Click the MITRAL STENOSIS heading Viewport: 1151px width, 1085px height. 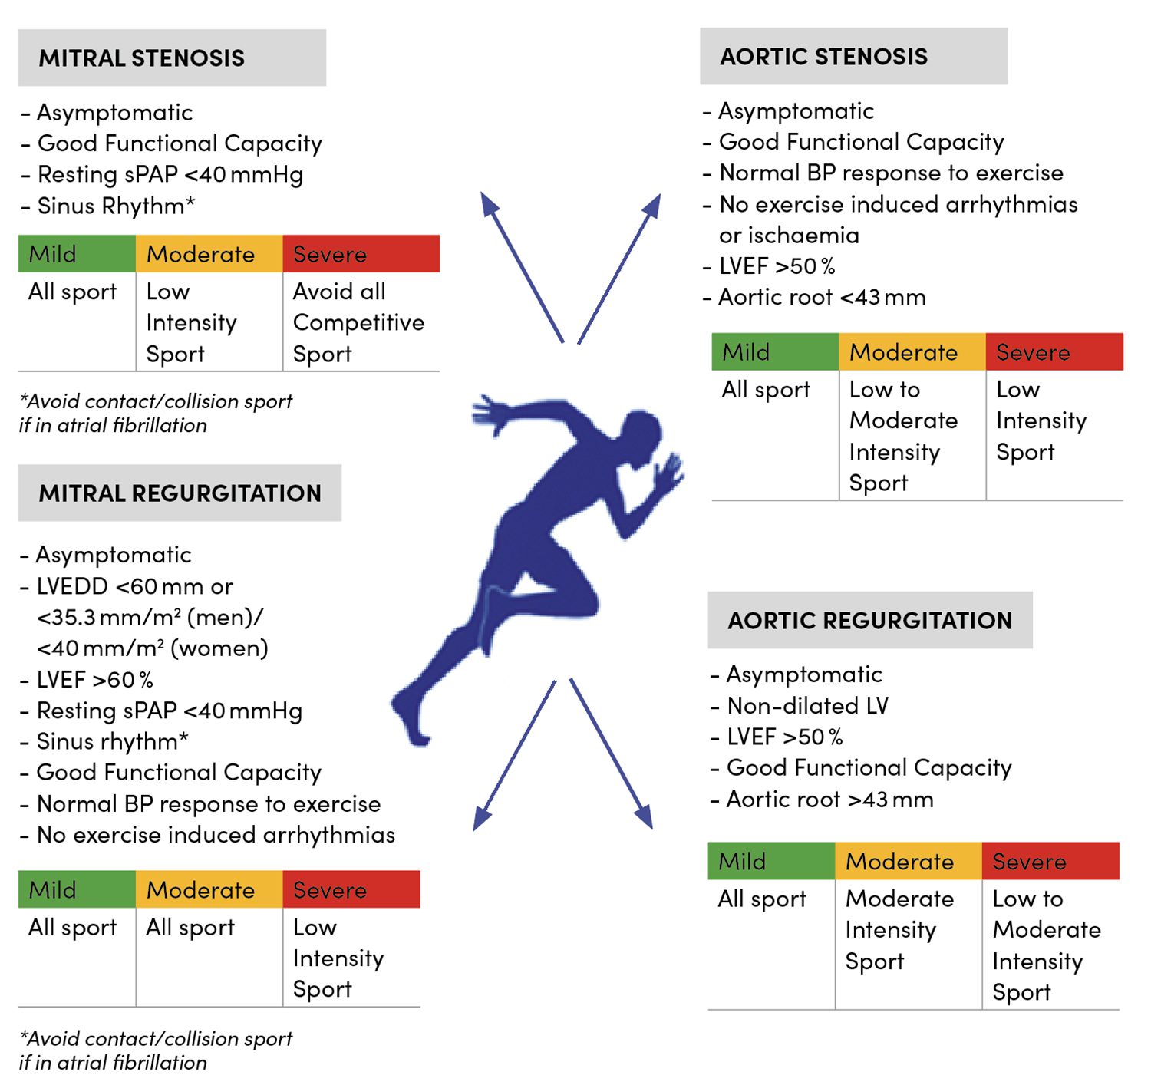tap(142, 58)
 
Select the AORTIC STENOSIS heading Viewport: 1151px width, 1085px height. tap(823, 57)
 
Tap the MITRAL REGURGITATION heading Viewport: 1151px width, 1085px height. tap(180, 493)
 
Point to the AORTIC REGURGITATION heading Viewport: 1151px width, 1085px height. tap(869, 621)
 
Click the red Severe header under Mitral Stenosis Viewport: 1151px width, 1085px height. tap(361, 254)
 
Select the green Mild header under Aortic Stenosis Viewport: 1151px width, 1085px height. tap(774, 352)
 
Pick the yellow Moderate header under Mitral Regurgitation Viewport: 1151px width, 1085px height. tap(209, 890)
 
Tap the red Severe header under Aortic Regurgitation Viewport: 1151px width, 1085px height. tap(1050, 862)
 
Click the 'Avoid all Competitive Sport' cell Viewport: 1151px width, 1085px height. tap(358, 323)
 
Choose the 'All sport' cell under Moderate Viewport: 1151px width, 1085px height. tap(190, 928)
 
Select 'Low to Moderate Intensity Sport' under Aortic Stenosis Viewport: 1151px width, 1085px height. tap(903, 436)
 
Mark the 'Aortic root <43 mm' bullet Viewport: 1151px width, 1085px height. tap(822, 298)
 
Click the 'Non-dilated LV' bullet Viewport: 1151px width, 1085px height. tap(807, 706)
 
